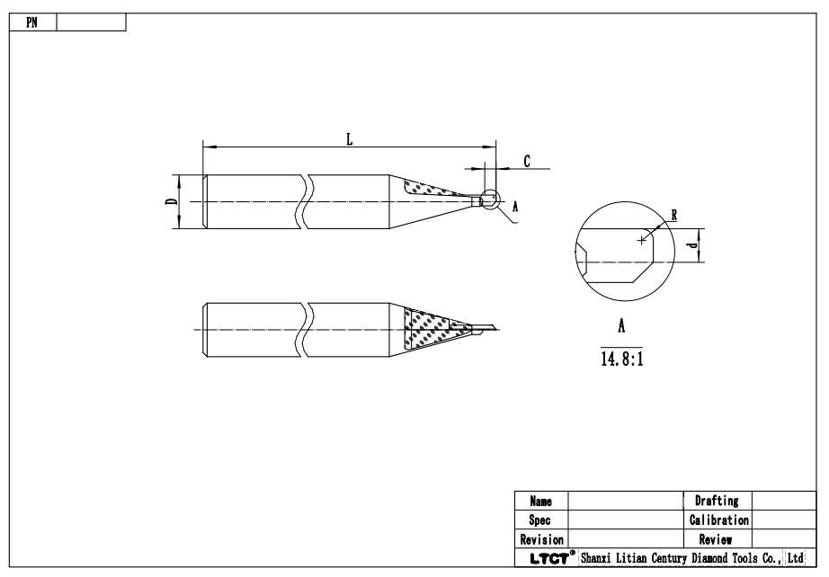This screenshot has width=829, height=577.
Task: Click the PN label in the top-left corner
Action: coord(31,21)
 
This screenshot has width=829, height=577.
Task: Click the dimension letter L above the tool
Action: coord(349,138)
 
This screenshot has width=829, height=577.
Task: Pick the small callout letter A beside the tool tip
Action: coord(515,206)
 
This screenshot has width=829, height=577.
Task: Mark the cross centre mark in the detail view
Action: coord(641,239)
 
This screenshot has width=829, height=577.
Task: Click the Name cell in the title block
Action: coord(541,501)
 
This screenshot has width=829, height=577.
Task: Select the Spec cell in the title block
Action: coord(541,519)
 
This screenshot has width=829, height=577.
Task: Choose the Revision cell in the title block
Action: coord(541,539)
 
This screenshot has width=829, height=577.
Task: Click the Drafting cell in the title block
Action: coord(717,501)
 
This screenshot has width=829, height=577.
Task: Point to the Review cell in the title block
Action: coord(717,539)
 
